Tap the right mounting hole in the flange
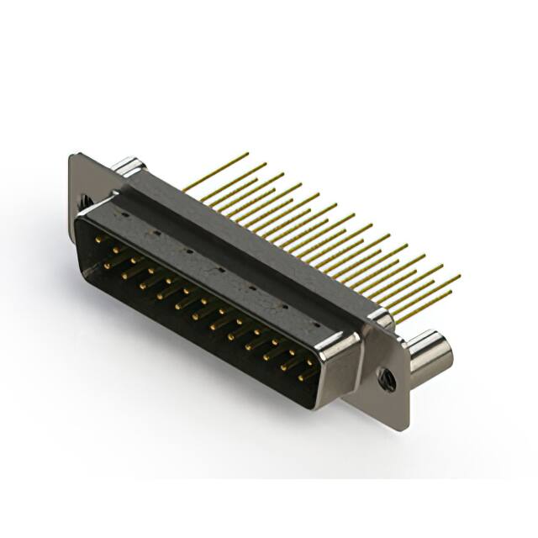click(x=387, y=376)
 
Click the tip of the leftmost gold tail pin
click(x=247, y=154)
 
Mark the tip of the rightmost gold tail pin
click(x=459, y=276)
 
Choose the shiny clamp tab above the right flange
click(x=379, y=319)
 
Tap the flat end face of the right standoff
click(x=442, y=352)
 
